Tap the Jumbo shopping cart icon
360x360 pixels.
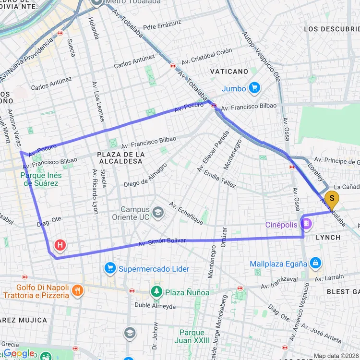[254, 88]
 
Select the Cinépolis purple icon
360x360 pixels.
[306, 224]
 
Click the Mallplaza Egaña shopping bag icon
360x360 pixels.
[316, 263]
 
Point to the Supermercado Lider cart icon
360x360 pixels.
[110, 269]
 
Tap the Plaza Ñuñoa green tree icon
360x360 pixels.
[156, 292]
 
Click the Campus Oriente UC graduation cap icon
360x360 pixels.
[157, 213]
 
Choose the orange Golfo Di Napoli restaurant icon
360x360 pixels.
[77, 290]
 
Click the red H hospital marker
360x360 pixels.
[60, 246]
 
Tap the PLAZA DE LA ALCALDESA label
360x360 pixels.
[121, 158]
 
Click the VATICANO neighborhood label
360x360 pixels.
[229, 71]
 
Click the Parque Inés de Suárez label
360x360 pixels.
[39, 179]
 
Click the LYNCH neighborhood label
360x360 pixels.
[328, 237]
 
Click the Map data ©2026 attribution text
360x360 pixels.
[336, 356]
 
